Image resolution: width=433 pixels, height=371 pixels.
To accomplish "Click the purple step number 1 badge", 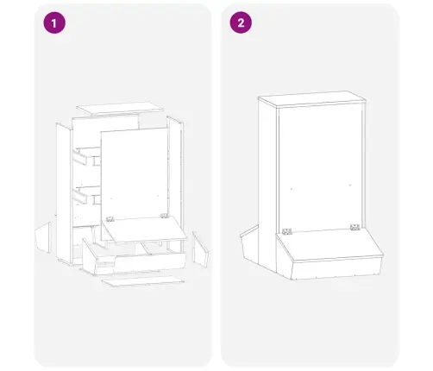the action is tap(54, 23).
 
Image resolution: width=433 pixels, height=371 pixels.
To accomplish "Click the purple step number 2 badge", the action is tap(241, 22).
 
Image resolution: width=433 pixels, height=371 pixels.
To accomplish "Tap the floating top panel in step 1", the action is tap(120, 107).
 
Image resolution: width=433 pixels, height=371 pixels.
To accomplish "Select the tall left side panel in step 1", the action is tap(64, 192).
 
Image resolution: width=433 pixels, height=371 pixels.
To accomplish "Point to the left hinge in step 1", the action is tap(110, 219).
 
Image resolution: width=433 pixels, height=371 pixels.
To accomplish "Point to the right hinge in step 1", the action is tap(164, 216).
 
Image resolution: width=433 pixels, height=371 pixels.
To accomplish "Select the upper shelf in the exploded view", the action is tap(86, 155).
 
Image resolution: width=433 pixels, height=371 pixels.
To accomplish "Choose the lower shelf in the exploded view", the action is tap(86, 195).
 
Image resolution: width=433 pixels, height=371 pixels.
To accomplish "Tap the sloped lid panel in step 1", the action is tap(145, 230).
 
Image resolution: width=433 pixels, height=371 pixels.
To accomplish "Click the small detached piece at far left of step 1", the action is tap(43, 237).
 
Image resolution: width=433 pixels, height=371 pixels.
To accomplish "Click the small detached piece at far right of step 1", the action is tap(200, 249).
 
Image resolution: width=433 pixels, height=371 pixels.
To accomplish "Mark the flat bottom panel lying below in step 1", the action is tap(143, 281).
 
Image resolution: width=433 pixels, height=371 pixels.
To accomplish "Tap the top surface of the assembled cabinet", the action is tap(312, 98).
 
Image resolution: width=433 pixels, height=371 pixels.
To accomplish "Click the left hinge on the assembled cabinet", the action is tap(287, 231).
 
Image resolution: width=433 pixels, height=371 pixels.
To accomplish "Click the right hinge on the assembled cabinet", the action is tap(355, 227).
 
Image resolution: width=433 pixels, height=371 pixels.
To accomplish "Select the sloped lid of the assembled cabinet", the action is tap(329, 244).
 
